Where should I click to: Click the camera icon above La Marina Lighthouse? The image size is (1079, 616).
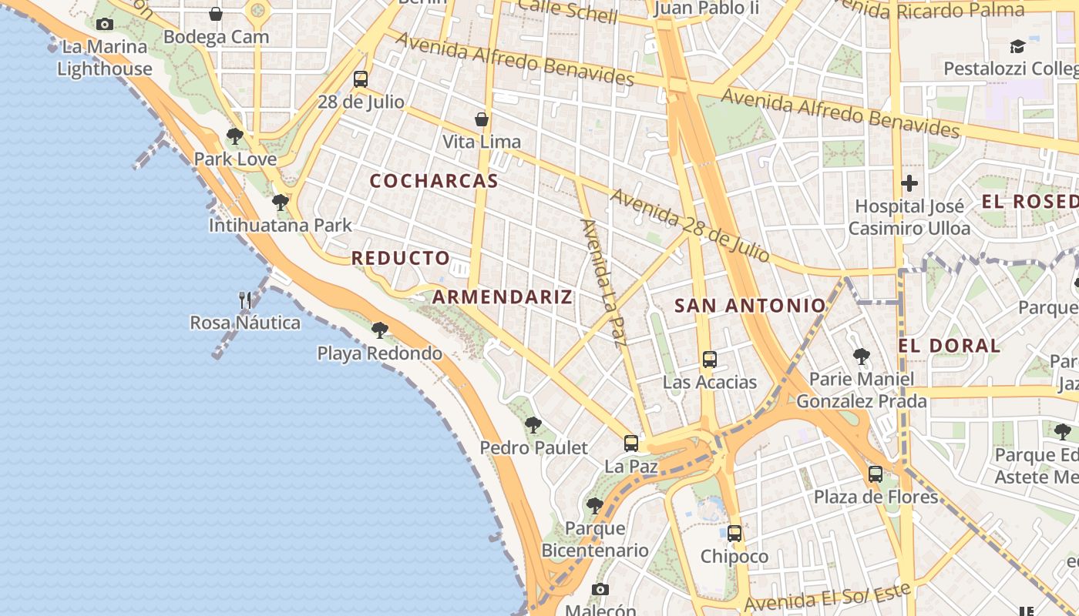pyautogui.click(x=105, y=24)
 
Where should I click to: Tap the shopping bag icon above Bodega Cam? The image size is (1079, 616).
pyautogui.click(x=216, y=14)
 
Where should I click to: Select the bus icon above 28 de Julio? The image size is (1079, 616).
pyautogui.click(x=361, y=79)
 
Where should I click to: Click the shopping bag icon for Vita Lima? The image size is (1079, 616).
pyautogui.click(x=482, y=119)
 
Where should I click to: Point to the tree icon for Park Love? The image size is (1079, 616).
pyautogui.click(x=235, y=136)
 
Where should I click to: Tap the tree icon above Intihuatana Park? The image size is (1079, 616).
pyautogui.click(x=281, y=203)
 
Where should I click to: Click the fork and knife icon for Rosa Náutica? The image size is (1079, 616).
pyautogui.click(x=245, y=300)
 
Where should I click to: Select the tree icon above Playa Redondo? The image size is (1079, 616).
pyautogui.click(x=380, y=330)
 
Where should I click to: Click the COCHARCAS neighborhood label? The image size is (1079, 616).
pyautogui.click(x=434, y=182)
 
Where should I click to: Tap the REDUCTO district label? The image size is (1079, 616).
pyautogui.click(x=401, y=259)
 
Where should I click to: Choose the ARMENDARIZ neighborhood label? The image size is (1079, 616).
pyautogui.click(x=503, y=297)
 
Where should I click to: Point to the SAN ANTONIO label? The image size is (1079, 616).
pyautogui.click(x=750, y=306)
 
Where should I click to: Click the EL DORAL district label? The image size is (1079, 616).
pyautogui.click(x=950, y=346)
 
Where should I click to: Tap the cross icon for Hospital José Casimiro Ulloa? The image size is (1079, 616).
pyautogui.click(x=909, y=183)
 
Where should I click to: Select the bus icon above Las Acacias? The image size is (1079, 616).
pyautogui.click(x=710, y=359)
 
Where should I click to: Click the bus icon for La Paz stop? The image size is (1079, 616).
pyautogui.click(x=631, y=443)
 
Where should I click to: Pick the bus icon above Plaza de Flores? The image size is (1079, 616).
pyautogui.click(x=876, y=474)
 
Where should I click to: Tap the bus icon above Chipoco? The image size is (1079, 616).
pyautogui.click(x=734, y=533)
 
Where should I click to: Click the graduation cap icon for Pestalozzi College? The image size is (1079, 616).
pyautogui.click(x=1017, y=46)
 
